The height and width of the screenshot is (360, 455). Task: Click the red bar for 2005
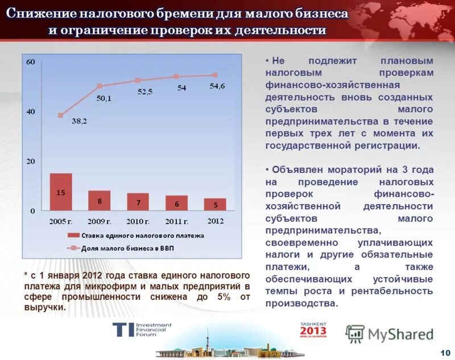(61, 192)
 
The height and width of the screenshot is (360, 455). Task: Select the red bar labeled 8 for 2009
(100, 201)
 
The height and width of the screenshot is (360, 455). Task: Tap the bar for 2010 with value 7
(138, 202)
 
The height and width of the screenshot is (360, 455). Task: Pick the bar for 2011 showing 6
(176, 203)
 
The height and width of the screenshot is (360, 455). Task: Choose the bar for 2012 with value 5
(215, 204)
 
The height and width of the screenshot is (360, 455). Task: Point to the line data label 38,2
(79, 121)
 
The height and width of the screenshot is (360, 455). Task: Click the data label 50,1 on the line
(104, 98)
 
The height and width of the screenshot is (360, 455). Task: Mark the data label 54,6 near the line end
(217, 86)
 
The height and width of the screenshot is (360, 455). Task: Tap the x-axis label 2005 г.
(60, 221)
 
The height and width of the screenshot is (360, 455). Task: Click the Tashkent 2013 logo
(313, 330)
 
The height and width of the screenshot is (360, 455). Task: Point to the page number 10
(445, 353)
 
